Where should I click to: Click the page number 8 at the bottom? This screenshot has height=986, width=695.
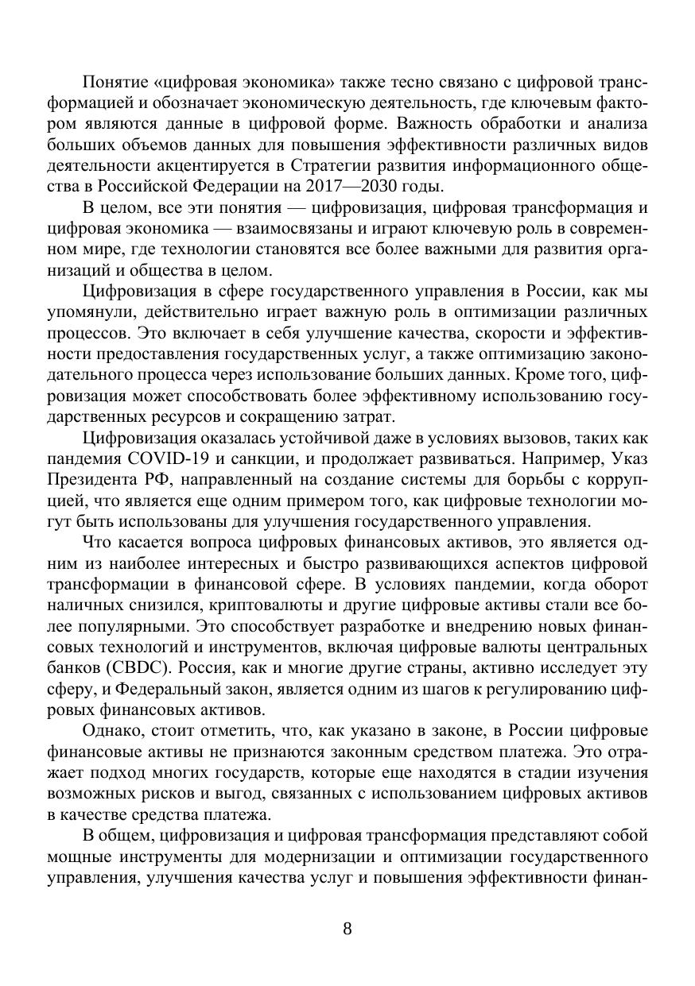click(x=347, y=929)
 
